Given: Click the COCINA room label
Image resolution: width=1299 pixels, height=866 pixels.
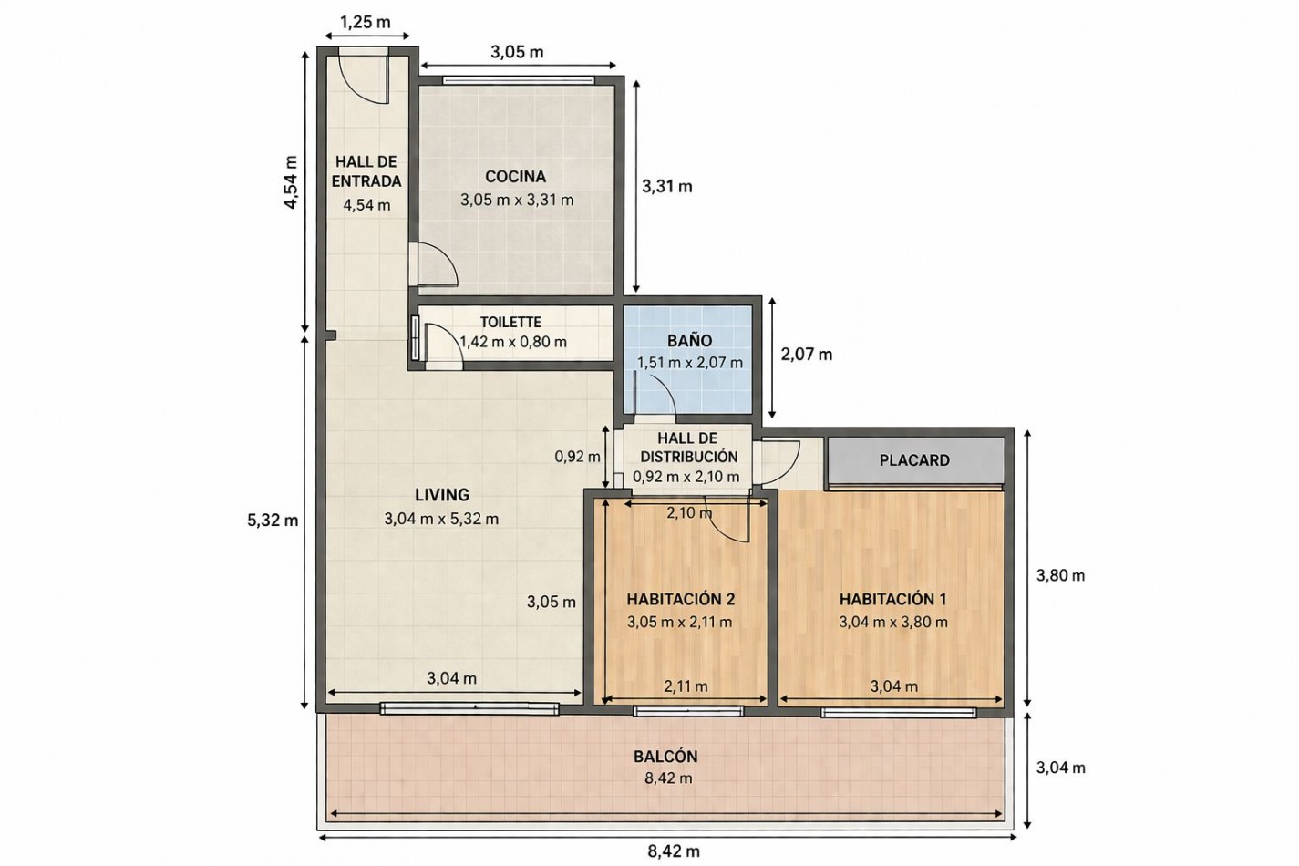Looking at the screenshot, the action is pos(516,176).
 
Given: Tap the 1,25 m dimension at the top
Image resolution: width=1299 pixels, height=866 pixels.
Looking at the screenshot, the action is pos(365,23).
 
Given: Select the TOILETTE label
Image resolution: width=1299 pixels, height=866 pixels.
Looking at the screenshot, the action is pos(510,322).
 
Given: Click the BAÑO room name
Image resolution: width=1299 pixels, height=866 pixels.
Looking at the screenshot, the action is pos(689,341).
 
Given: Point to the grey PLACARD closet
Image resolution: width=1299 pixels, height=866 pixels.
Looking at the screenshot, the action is pos(915,460).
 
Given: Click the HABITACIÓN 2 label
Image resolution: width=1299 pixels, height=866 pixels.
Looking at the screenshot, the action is pos(681,599).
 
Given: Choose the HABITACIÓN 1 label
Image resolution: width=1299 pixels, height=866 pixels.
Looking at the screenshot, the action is pos(893,599).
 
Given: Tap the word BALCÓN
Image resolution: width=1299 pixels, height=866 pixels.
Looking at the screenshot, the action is pos(665,757).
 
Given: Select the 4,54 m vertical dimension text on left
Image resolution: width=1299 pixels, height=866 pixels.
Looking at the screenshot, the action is pos(290,181).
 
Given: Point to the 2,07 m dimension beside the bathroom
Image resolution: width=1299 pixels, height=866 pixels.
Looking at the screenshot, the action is pos(806,355).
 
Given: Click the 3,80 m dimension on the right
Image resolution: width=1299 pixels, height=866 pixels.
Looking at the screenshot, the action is pos(1060,575).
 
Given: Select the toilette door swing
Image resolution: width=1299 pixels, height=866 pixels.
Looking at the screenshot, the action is pos(446,346).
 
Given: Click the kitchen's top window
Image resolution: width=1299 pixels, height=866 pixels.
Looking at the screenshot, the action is pos(519,80).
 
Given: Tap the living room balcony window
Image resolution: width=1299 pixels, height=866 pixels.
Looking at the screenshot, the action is pos(469,708).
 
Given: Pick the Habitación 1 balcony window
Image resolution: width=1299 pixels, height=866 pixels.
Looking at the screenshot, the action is pos(900,712).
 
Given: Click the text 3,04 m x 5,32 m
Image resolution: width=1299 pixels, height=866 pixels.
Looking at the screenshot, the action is pos(441,519).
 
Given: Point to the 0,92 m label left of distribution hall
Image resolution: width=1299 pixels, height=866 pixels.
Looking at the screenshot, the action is pos(578,457).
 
